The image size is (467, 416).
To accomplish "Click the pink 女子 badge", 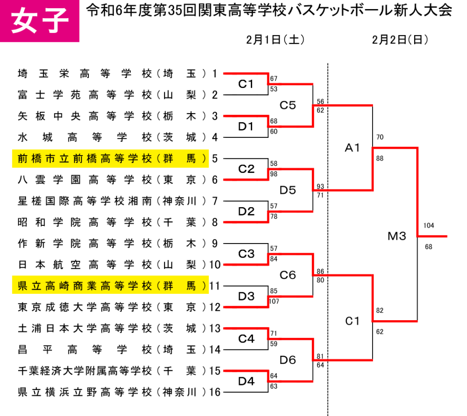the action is (x=40, y=21).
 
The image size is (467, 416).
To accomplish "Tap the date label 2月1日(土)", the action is (x=275, y=40).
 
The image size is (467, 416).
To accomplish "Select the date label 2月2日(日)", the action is (x=400, y=40).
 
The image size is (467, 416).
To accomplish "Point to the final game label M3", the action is (x=397, y=236).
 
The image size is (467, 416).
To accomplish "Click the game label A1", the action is (x=353, y=147).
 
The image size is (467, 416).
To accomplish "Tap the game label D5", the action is (x=288, y=190).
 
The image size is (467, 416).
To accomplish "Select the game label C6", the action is (x=288, y=275).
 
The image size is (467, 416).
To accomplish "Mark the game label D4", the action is (x=246, y=381).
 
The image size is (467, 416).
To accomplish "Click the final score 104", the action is (x=429, y=226).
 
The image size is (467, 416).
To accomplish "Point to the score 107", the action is (x=274, y=301).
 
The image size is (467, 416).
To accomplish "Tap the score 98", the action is (x=274, y=174).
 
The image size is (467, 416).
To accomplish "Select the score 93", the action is (x=320, y=187).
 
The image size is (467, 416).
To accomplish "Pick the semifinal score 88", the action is (x=380, y=159).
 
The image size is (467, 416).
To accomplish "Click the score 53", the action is (x=274, y=89).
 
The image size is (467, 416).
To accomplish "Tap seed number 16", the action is (x=215, y=392).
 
